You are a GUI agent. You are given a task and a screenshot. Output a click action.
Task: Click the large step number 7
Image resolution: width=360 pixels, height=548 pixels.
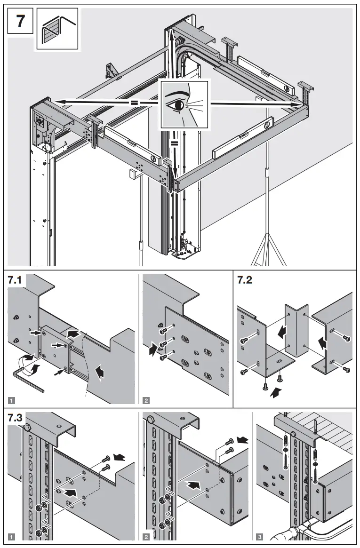(20, 22)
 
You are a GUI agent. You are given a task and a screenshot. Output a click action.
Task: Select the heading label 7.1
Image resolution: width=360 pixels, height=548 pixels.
(17, 280)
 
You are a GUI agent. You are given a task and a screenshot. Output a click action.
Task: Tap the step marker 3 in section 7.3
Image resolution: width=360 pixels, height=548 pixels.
(260, 536)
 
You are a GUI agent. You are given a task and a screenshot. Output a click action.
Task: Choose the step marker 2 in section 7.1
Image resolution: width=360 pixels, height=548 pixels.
(146, 400)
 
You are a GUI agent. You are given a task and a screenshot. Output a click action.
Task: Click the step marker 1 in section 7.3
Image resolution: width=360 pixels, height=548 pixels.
(12, 536)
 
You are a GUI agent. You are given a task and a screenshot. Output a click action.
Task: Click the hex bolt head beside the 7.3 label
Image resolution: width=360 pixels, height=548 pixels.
(28, 427)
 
